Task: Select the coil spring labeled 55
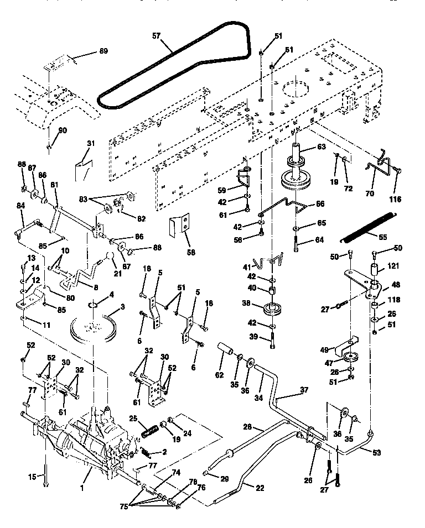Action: click(368, 227)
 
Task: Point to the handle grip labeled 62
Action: click(227, 352)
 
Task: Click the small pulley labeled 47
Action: click(351, 356)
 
